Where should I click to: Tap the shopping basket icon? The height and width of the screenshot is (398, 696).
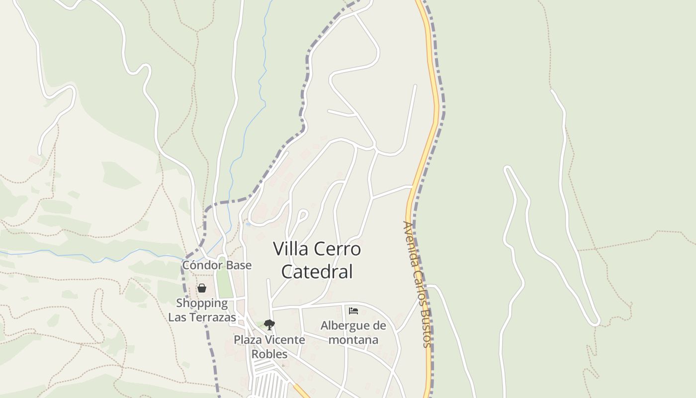coord(202,288)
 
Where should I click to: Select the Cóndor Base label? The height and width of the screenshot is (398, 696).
coord(217,265)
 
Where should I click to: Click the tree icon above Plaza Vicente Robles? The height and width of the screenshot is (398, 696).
coord(269,325)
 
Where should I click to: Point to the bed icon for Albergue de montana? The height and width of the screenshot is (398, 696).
coord(353,311)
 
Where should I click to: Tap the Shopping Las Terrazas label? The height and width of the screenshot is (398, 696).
coord(202,310)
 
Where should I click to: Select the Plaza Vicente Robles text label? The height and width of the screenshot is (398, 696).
coord(269,347)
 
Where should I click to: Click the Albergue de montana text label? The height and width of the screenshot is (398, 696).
coord(353,333)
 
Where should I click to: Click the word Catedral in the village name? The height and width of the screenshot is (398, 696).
coord(317,272)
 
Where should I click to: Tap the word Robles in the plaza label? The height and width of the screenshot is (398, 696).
coord(269,354)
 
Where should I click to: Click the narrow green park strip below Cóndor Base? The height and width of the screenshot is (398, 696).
coord(224,285)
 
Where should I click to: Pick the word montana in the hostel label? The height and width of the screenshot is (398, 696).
coord(353,340)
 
